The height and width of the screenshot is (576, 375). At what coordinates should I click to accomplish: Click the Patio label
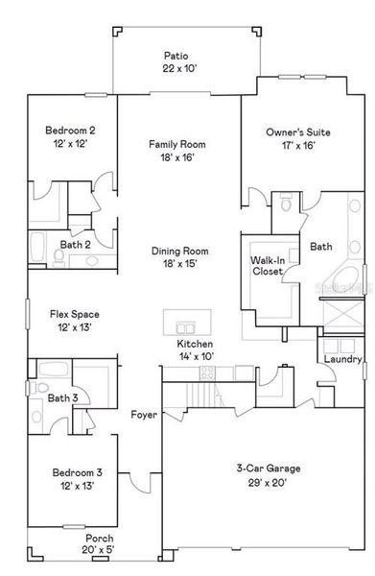click(x=176, y=57)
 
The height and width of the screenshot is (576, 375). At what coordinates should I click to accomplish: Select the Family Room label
click(x=176, y=144)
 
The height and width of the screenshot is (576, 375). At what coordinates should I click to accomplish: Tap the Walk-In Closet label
click(x=267, y=266)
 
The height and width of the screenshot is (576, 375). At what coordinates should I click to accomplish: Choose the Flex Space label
click(x=75, y=314)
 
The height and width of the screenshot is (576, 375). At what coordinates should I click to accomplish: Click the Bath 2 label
click(x=75, y=245)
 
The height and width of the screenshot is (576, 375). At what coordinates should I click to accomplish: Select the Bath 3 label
click(x=62, y=397)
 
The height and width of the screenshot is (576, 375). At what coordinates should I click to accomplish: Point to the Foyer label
click(x=145, y=415)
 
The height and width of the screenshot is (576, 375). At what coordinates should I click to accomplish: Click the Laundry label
click(x=342, y=359)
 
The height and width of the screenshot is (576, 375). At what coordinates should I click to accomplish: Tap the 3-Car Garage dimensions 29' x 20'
click(x=269, y=482)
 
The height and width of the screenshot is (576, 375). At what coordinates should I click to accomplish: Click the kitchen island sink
click(x=186, y=322)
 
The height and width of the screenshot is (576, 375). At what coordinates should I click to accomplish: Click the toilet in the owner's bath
click(x=285, y=204)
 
